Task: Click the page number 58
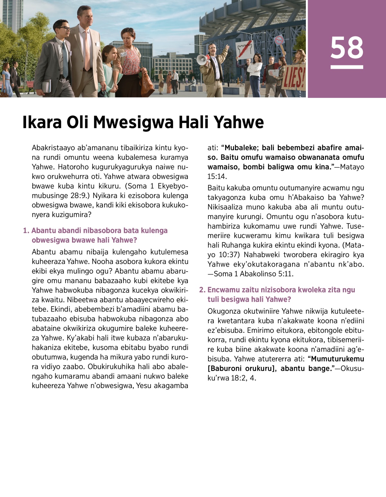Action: [347, 47]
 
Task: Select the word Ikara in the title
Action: [42, 122]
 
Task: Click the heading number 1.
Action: [26, 231]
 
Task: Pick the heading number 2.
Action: [202, 290]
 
